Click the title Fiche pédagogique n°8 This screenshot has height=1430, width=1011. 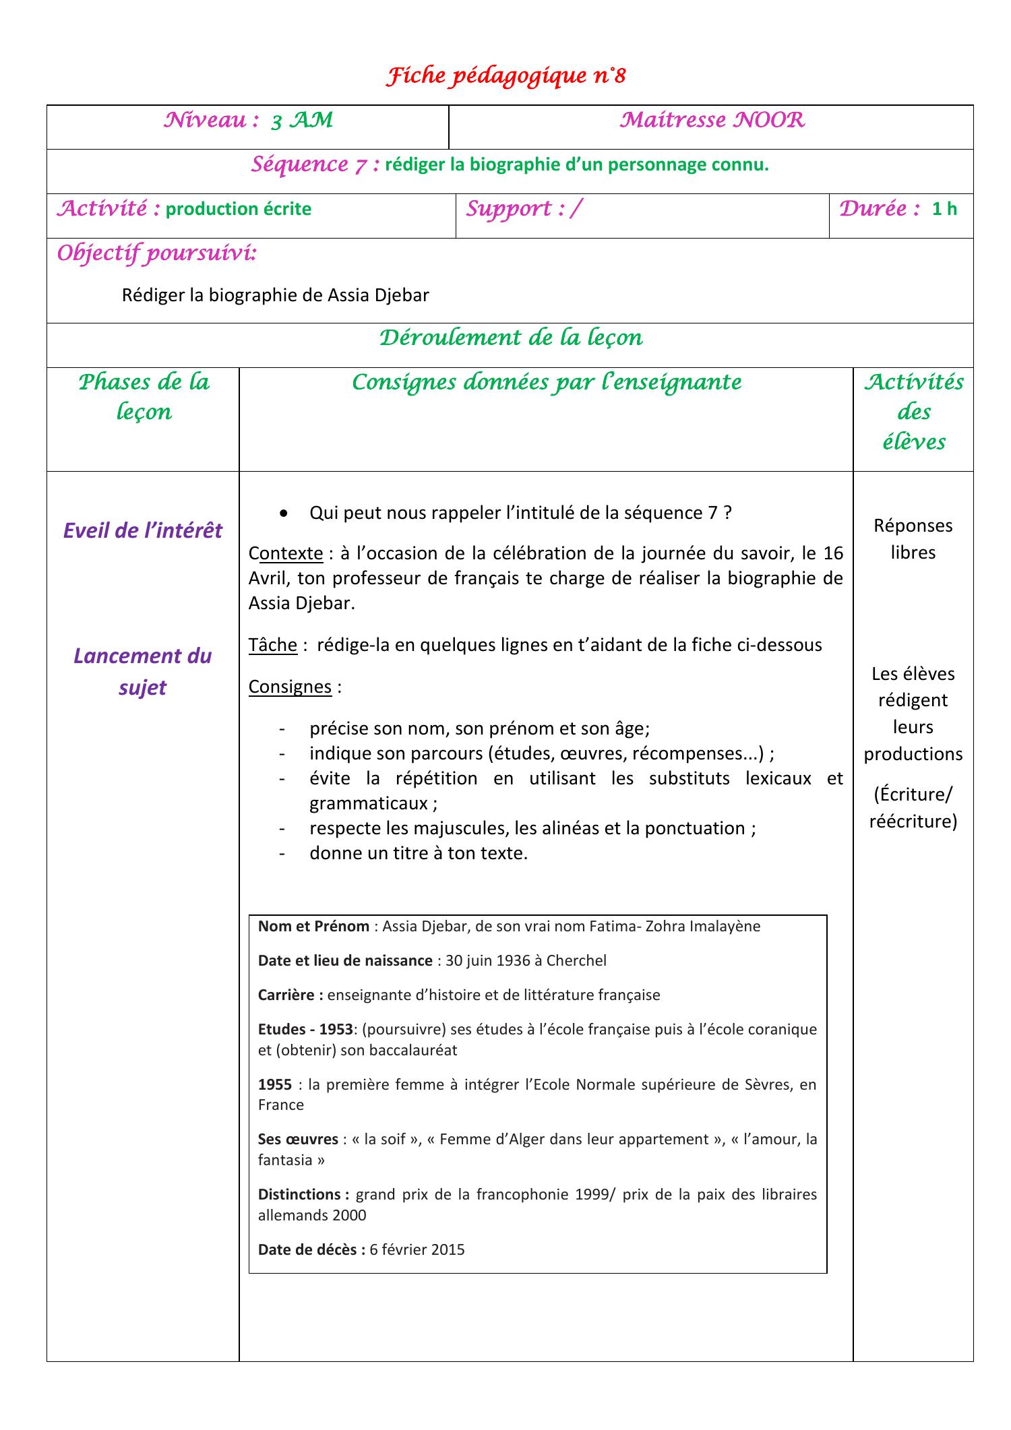point(506,77)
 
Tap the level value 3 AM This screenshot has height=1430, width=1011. point(301,121)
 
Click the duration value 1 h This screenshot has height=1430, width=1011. point(944,209)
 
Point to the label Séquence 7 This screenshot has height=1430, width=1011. point(315,164)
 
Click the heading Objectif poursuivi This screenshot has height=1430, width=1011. point(156,254)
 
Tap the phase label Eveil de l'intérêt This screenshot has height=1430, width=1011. point(143,531)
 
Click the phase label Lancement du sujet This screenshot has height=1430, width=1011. point(143,671)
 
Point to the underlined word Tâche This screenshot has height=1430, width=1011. point(273,645)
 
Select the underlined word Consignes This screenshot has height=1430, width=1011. point(290,687)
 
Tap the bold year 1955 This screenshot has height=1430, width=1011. point(275,1084)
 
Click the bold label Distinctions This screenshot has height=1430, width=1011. point(303,1194)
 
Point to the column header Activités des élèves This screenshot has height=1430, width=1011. point(913,412)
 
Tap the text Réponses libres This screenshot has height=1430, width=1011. point(913,538)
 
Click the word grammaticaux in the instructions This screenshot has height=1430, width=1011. point(369,803)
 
